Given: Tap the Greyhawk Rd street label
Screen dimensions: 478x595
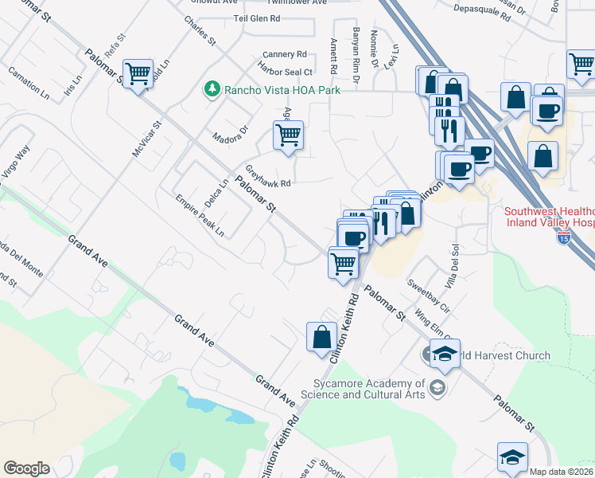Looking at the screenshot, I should coord(269,175).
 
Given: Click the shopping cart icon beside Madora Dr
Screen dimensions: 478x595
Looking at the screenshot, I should coord(288,135).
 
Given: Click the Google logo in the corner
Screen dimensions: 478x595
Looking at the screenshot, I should coord(26,468).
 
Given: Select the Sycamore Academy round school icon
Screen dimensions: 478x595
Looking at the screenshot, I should coord(436,388).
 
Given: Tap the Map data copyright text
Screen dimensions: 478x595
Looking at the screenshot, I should coord(562,472).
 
